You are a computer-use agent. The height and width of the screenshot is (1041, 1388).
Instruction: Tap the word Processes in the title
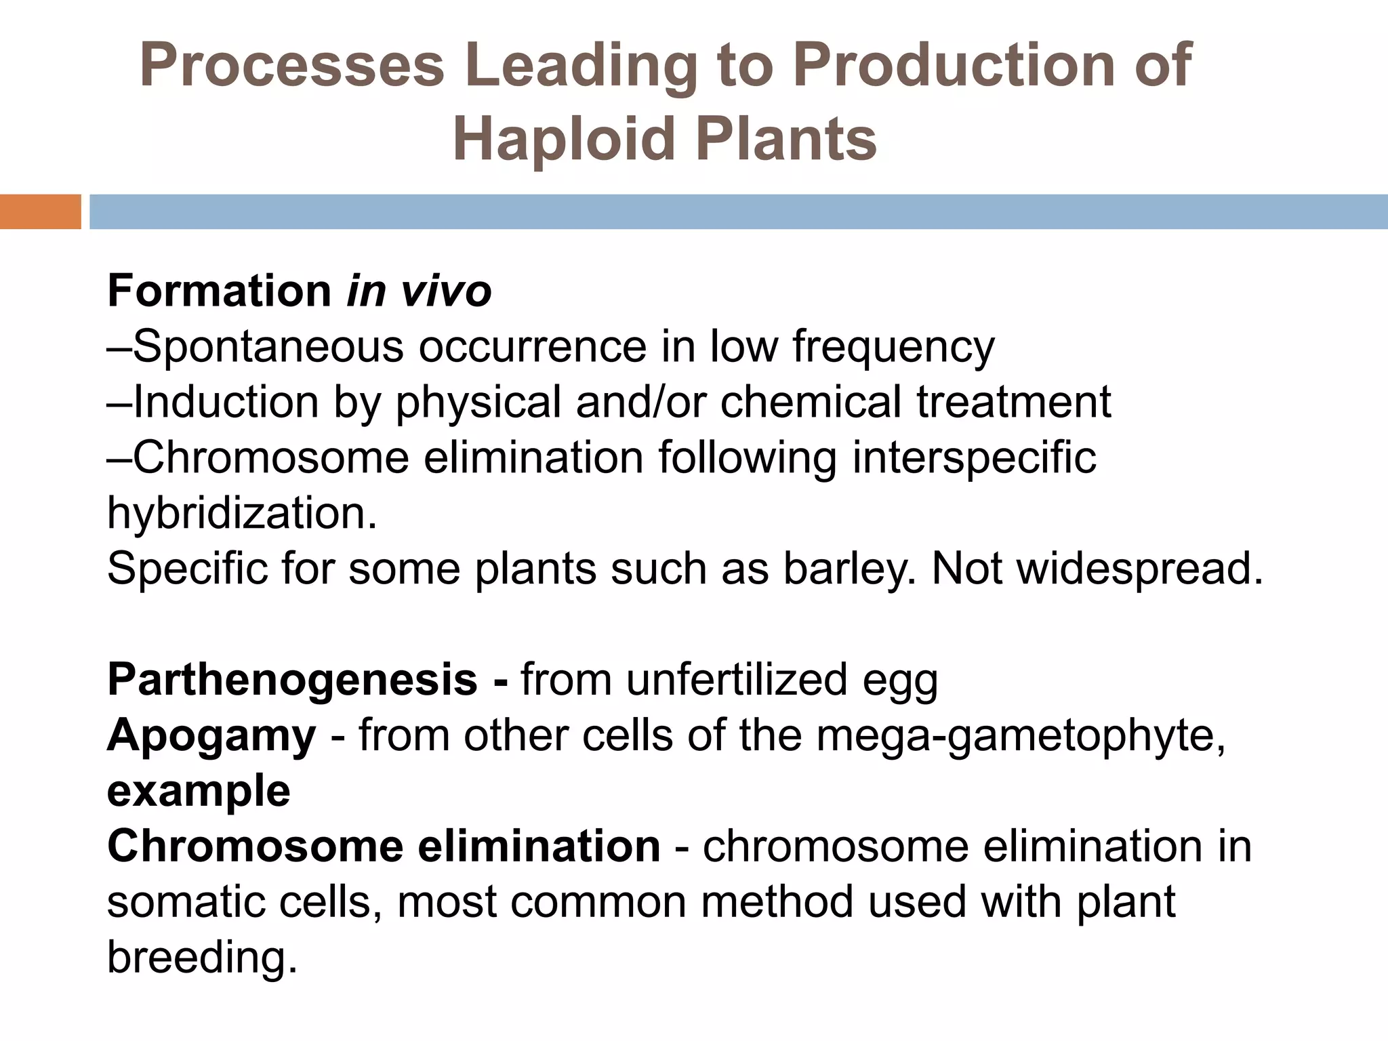tap(291, 66)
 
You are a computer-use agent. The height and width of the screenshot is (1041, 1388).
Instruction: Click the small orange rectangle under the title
tap(40, 211)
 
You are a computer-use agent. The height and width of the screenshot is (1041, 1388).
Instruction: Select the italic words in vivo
tap(419, 291)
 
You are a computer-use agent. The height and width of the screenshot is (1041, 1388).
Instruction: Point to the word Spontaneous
tap(268, 347)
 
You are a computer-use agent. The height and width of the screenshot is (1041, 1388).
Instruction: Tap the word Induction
tap(226, 403)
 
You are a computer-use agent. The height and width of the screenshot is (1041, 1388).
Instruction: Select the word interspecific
tap(974, 458)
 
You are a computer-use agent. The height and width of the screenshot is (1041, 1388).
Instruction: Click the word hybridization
tap(241, 514)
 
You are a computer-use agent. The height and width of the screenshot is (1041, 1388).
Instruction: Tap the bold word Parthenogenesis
tap(292, 680)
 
